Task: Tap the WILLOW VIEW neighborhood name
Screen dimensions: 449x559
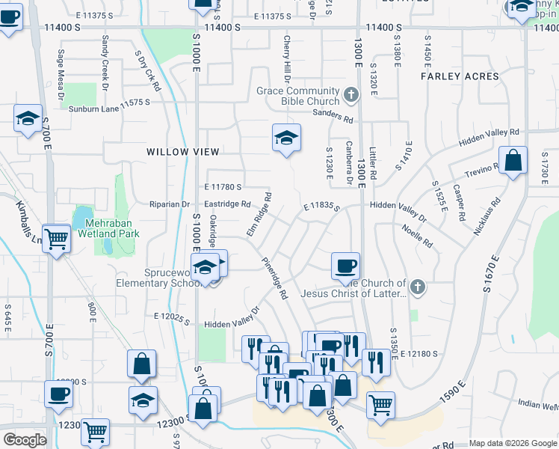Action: [x=177, y=151]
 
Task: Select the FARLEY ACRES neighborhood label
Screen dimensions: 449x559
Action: [x=460, y=76]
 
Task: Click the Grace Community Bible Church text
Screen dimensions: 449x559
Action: [x=297, y=96]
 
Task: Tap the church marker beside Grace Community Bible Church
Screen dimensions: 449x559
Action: [x=351, y=94]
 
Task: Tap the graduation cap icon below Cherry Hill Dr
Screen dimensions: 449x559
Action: [x=286, y=138]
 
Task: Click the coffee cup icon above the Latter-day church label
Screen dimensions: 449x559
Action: [x=345, y=265]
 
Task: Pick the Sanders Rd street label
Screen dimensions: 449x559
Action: [x=333, y=117]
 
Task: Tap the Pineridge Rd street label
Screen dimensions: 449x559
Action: [x=274, y=279]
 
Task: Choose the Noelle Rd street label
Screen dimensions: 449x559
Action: [x=417, y=236]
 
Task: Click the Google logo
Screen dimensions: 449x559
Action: [x=25, y=440]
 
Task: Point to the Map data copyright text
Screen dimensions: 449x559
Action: [x=513, y=443]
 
